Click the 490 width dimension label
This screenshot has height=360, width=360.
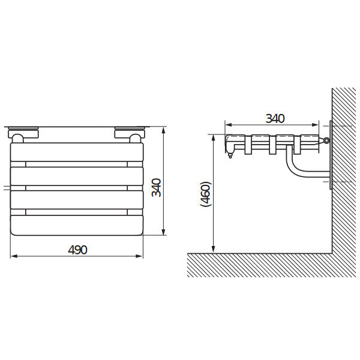[x=77, y=250]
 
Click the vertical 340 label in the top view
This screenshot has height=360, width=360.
[x=157, y=187]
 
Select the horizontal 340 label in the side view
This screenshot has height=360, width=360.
[x=275, y=118]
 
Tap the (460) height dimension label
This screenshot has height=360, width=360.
[x=205, y=194]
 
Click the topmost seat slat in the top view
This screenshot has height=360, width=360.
[x=77, y=152]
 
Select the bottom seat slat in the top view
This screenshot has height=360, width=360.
[x=77, y=225]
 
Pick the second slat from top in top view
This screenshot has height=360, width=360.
[x=77, y=176]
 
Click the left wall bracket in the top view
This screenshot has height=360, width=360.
[x=23, y=134]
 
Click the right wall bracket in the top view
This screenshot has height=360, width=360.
[x=130, y=134]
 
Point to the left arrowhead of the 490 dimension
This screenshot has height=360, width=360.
[x=14, y=256]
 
